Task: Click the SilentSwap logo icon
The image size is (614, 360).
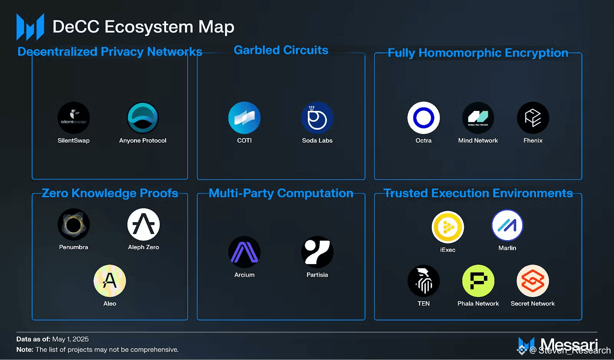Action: (x=74, y=118)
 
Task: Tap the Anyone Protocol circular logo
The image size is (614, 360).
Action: (x=143, y=118)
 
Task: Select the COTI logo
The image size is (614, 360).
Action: (x=244, y=118)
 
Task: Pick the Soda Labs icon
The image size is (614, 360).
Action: (x=317, y=118)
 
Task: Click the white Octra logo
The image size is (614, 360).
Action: (x=424, y=118)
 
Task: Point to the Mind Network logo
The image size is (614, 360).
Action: (x=478, y=118)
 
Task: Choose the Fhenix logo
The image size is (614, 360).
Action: (x=533, y=118)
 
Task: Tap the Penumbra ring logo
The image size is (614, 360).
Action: (x=74, y=225)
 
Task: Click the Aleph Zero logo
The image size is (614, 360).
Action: (x=144, y=225)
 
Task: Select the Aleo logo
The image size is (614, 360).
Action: (x=110, y=281)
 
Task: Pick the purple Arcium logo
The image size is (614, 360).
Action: (x=244, y=252)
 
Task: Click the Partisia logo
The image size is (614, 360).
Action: (x=317, y=252)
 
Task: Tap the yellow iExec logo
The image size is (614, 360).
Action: (x=448, y=227)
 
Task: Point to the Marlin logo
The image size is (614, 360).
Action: (x=507, y=225)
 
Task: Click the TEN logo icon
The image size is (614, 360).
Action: (x=424, y=281)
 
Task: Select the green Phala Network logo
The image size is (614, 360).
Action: (x=478, y=281)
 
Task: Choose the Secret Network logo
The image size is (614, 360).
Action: (x=533, y=281)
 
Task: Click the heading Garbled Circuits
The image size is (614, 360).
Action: (x=281, y=50)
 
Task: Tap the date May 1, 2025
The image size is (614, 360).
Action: (x=70, y=339)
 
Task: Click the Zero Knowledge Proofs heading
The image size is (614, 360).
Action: (x=110, y=193)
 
